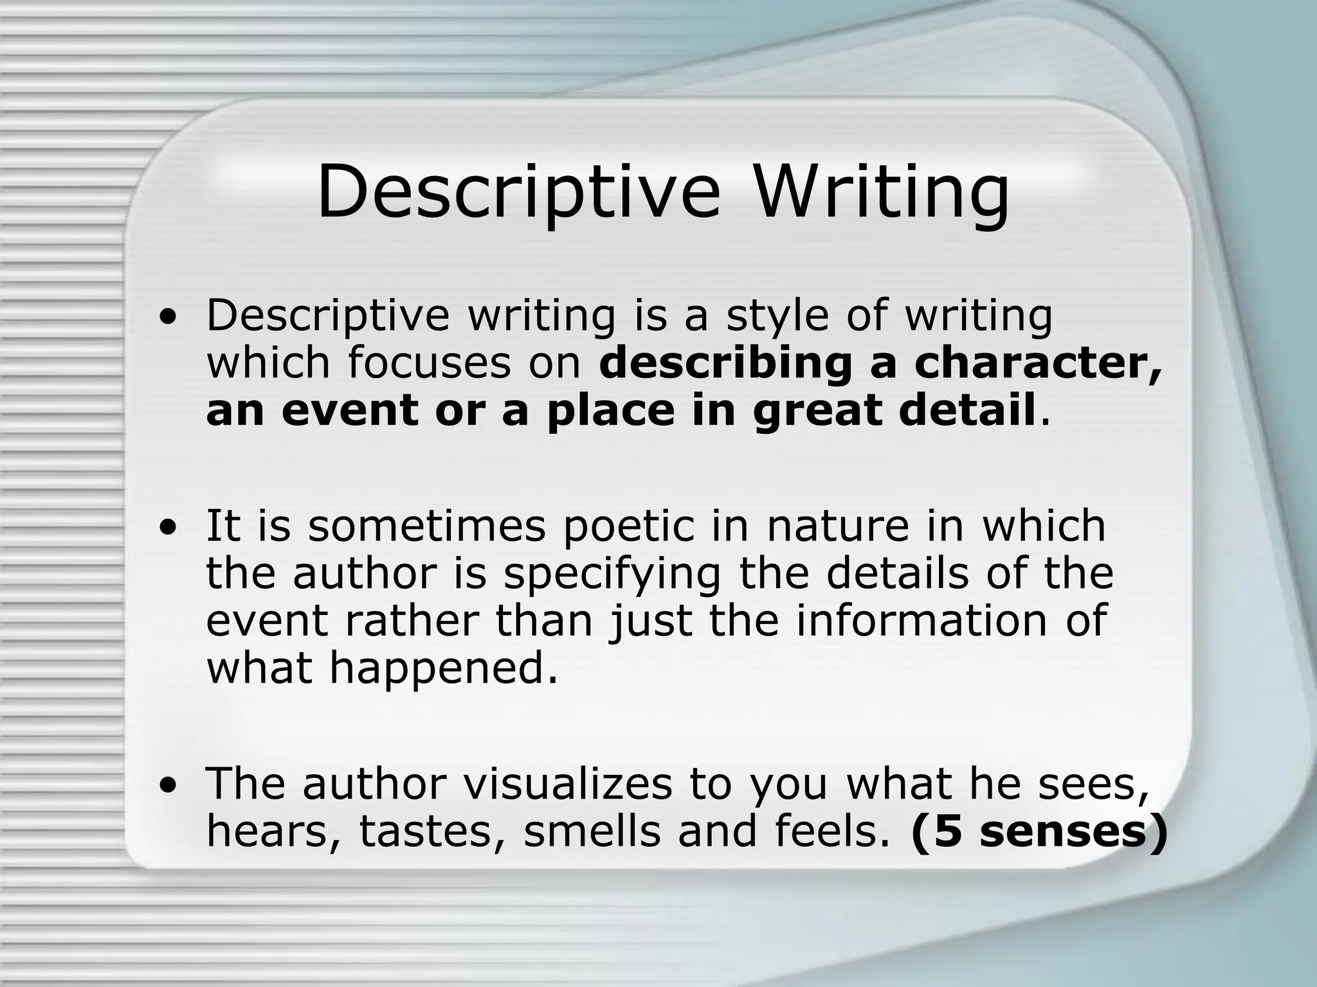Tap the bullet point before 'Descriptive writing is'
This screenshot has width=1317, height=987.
168,317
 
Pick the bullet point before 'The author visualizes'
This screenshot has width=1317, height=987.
168,786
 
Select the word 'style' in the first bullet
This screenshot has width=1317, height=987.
777,317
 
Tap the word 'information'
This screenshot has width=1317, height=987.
922,621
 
